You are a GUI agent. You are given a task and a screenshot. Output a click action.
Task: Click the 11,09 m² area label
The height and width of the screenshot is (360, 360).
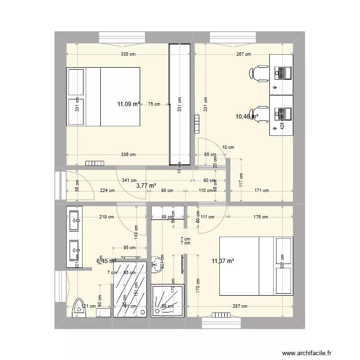[129, 104]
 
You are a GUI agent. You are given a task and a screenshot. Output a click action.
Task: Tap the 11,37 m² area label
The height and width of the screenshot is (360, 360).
[223, 261]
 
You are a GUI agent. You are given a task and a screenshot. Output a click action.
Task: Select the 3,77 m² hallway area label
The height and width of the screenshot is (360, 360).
[146, 185]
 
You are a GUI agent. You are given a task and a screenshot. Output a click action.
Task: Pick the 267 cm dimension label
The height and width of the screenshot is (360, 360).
[244, 54]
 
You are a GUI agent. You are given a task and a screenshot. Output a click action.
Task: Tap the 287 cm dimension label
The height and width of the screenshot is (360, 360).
[240, 306]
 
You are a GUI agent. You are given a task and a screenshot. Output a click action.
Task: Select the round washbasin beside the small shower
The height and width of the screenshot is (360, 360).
[156, 263]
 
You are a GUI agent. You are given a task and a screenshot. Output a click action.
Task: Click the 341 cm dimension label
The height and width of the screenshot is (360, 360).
[128, 180]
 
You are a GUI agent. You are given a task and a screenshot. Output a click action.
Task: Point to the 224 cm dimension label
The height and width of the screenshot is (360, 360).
[108, 191]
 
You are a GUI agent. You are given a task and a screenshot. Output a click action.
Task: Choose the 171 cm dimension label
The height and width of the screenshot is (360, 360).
[262, 191]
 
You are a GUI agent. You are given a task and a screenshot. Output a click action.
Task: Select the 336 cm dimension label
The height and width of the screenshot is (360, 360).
[128, 155]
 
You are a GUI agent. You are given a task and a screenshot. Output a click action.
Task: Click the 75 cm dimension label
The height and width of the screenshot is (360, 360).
[154, 104]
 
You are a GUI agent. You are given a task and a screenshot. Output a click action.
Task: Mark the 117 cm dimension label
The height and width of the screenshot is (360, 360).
[241, 180]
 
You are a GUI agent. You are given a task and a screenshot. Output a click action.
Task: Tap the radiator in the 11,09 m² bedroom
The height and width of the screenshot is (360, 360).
[95, 162]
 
